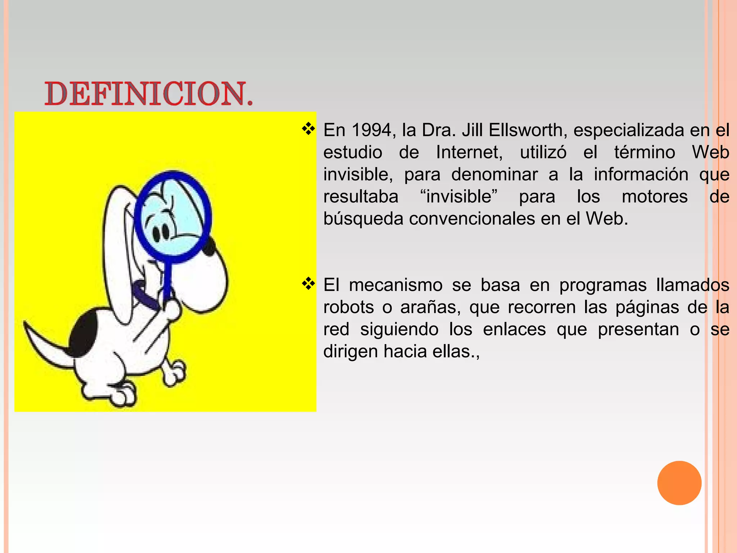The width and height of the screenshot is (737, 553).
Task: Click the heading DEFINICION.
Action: pyautogui.click(x=149, y=94)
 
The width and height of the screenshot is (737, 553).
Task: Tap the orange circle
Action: pyautogui.click(x=679, y=483)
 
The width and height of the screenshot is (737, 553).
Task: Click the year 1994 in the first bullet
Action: pyautogui.click(x=371, y=130)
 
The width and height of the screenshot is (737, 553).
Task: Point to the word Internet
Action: pyautogui.click(x=469, y=152)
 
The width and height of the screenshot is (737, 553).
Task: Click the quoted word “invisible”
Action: pyautogui.click(x=458, y=197)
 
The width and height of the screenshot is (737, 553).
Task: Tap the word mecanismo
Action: pyautogui.click(x=395, y=285)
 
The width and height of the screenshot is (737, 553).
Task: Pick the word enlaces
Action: pyautogui.click(x=514, y=329)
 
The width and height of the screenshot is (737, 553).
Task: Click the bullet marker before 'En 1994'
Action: pyautogui.click(x=308, y=129)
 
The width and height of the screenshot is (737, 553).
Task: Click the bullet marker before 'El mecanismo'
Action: pyautogui.click(x=308, y=284)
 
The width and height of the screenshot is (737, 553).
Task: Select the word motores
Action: pyautogui.click(x=655, y=197)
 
